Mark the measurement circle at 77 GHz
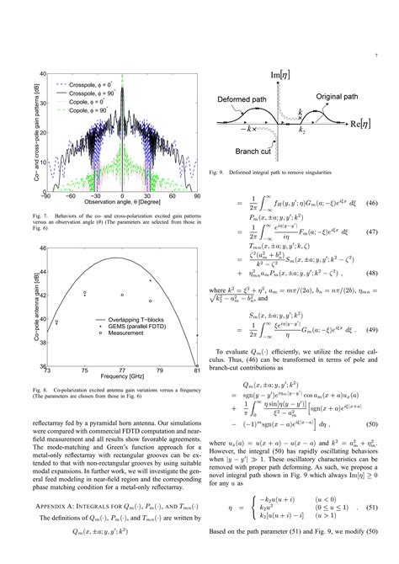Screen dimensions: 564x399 (122, 295)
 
